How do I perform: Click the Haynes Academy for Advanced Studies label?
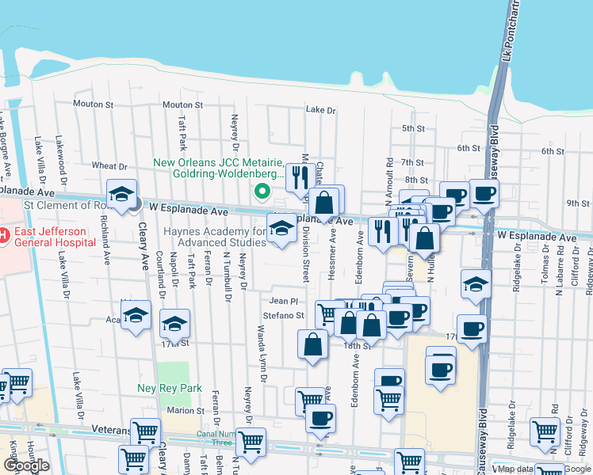(x=225, y=236)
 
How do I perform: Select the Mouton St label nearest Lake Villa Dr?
(x=94, y=104)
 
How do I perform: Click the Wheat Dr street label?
(x=109, y=166)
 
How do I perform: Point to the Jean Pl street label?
(x=283, y=301)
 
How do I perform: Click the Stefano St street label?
(x=284, y=315)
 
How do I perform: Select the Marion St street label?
(x=186, y=410)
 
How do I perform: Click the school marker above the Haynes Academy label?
(x=281, y=229)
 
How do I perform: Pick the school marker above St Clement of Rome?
(x=121, y=195)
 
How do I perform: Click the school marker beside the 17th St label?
(x=174, y=325)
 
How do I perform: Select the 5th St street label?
(x=413, y=127)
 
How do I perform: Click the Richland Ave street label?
(x=104, y=245)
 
